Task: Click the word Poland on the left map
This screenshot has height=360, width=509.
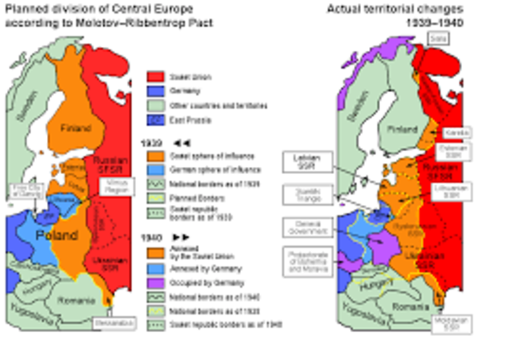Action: pos(56,235)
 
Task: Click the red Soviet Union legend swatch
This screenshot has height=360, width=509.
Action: pos(155,77)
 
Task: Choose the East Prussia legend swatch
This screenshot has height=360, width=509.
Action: pos(155,119)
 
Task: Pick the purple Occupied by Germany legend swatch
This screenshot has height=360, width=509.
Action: pos(155,282)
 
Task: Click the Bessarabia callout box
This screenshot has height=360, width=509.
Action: pos(108,324)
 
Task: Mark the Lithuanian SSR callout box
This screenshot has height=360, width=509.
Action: pos(454,192)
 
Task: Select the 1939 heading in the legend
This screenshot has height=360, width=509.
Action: pos(151,142)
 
